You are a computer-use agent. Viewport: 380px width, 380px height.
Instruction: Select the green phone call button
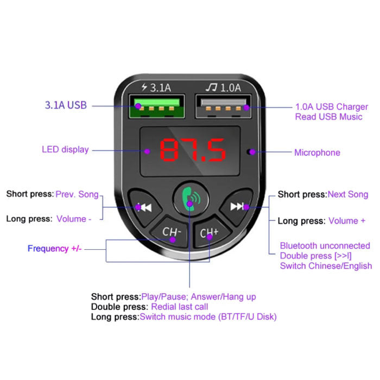(189, 198)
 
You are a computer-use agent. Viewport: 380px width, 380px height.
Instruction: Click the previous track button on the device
(144, 207)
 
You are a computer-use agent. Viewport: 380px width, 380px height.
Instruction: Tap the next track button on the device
(236, 206)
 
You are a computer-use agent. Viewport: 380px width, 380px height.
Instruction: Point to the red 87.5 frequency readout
(193, 151)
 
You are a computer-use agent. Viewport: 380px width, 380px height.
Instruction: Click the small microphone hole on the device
(250, 152)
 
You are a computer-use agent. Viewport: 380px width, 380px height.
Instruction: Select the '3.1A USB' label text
(65, 105)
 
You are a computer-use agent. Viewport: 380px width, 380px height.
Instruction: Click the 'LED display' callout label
(65, 149)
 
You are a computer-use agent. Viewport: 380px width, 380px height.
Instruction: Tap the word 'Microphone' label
(317, 153)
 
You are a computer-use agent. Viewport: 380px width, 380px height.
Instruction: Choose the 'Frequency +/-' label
(54, 249)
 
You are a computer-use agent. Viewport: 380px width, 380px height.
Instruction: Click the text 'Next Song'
(348, 194)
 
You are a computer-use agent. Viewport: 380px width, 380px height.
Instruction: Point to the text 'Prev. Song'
(77, 194)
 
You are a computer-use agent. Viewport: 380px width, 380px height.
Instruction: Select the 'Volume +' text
(344, 221)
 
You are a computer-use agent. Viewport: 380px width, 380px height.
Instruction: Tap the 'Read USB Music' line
(328, 117)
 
